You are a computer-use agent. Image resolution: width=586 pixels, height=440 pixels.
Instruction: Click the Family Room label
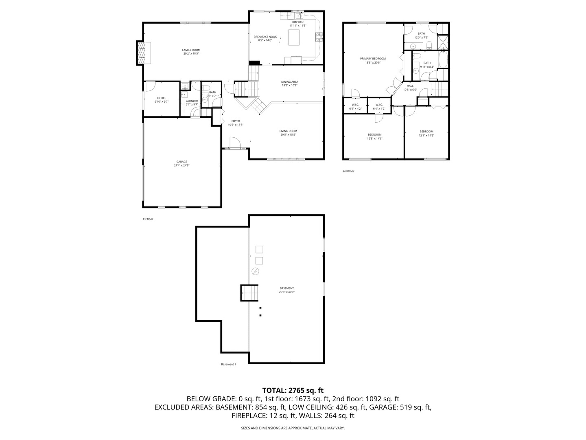click(191, 50)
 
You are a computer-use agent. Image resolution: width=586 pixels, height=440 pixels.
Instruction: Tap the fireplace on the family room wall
click(142, 53)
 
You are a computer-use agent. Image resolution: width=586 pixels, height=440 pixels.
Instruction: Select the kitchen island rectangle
click(294, 37)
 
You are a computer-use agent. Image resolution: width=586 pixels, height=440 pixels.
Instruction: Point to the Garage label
click(181, 162)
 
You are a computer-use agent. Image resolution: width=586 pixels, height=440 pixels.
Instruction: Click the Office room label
click(162, 98)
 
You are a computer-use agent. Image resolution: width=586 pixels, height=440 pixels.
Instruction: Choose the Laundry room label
click(192, 101)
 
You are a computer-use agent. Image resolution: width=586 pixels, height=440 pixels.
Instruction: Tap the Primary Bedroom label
click(373, 59)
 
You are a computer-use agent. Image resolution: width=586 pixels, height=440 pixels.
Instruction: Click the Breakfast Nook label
click(265, 37)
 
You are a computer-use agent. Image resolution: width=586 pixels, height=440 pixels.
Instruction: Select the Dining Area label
click(289, 82)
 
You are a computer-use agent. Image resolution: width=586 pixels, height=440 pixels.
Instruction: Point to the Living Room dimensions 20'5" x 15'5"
click(288, 134)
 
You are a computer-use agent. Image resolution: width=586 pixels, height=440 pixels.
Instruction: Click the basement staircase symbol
click(249, 293)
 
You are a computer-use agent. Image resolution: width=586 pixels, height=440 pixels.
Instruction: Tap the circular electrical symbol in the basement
click(255, 271)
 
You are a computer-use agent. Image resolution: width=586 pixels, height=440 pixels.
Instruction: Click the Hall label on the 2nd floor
click(410, 86)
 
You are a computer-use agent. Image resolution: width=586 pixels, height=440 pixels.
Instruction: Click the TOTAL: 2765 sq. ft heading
click(293, 390)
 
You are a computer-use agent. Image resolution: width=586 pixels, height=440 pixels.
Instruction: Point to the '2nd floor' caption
click(348, 171)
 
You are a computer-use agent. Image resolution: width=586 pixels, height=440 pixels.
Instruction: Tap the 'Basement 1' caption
click(228, 364)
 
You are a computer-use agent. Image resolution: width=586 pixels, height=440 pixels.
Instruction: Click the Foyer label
click(236, 121)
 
